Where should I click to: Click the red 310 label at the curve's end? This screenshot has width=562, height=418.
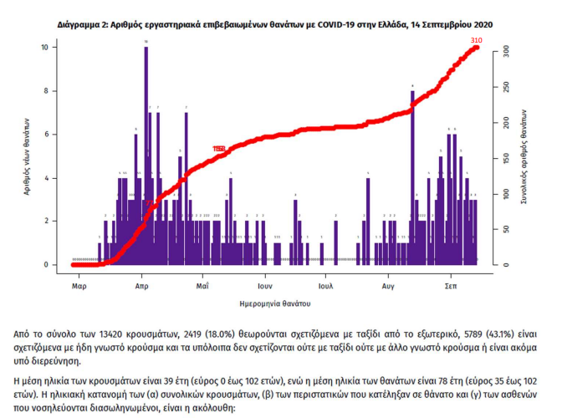[477, 40]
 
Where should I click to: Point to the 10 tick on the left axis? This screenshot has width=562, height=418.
[55, 48]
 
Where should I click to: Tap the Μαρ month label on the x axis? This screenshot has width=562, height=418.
[79, 285]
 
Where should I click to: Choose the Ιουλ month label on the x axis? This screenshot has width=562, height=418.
[326, 285]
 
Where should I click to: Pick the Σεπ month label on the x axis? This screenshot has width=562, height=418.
[450, 285]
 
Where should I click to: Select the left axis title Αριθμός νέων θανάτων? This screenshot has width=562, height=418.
[28, 156]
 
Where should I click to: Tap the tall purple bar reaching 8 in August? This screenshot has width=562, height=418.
[412, 167]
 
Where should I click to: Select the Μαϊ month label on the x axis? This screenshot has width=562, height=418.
[202, 285]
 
